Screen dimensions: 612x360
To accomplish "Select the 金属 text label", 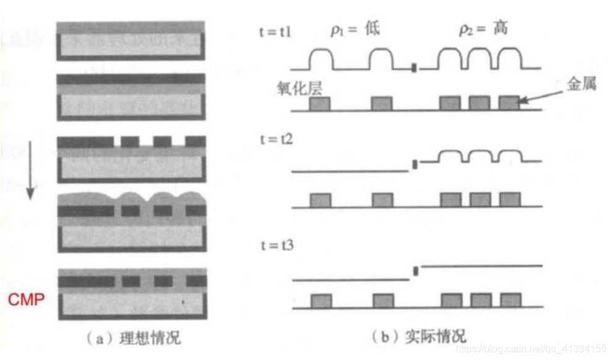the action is tap(581, 85).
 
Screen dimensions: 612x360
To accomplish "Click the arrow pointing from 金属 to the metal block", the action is tap(542, 95).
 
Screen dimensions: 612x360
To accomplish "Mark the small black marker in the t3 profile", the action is tap(415, 270).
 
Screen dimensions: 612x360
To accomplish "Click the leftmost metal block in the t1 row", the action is tap(320, 103).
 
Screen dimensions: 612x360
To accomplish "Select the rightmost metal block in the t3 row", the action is tap(510, 300).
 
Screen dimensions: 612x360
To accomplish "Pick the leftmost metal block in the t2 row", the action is tap(320, 200).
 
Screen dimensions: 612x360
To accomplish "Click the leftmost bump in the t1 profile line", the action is tap(320, 58).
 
